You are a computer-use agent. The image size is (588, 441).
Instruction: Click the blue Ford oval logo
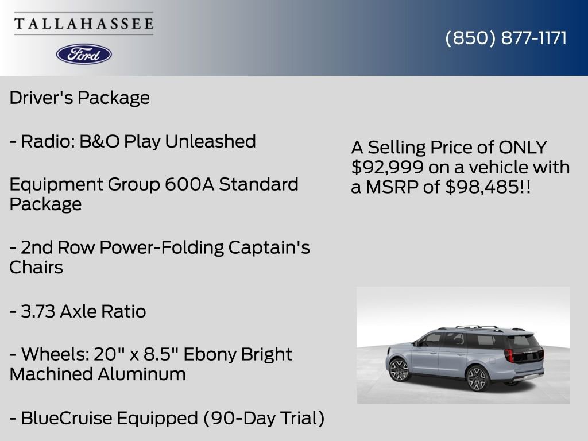(84, 54)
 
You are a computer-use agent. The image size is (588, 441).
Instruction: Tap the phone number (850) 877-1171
(506, 38)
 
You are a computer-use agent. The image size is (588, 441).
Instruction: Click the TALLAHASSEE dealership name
(84, 24)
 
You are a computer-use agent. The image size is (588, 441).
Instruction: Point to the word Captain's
(269, 247)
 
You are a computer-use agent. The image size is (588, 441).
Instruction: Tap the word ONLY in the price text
(523, 148)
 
